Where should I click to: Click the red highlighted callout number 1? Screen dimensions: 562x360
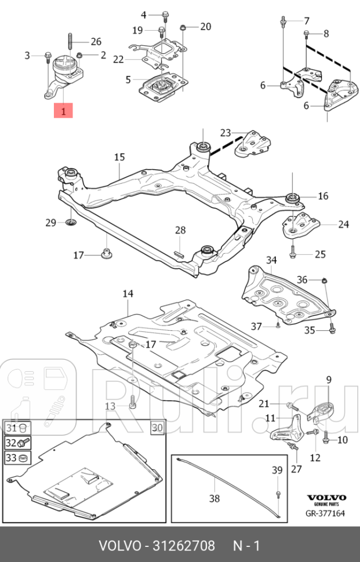coord(63,110)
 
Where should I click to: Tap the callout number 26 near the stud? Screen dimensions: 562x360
coord(96,41)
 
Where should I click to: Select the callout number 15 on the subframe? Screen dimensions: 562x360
coord(119,157)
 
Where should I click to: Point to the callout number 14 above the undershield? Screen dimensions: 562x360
coord(128,294)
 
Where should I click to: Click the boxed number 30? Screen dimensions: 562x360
coord(158,428)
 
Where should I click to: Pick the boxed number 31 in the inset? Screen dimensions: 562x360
coord(12,428)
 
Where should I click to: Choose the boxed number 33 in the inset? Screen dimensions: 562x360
coord(12,458)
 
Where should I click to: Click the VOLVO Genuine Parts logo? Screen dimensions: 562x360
coord(326,501)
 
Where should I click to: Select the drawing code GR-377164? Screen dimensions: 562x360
coord(326,513)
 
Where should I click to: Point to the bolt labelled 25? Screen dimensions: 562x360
coord(294,253)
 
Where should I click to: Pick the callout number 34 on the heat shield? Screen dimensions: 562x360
coord(271,261)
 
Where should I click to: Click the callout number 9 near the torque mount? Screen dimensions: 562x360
coord(328,380)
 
